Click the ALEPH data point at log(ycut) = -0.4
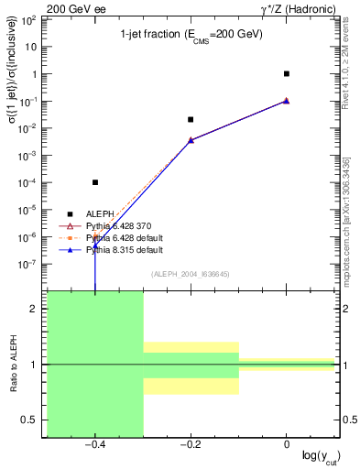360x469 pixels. click(95, 182)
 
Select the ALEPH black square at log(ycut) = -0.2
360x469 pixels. click(191, 119)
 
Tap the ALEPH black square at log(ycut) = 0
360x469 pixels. click(287, 73)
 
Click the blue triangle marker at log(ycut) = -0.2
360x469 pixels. click(191, 140)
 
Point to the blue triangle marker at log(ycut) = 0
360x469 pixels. click(287, 100)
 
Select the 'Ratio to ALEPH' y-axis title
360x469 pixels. click(13, 364)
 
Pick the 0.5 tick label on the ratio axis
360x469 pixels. click(32, 420)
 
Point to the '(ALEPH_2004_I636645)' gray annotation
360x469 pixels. click(191, 274)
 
